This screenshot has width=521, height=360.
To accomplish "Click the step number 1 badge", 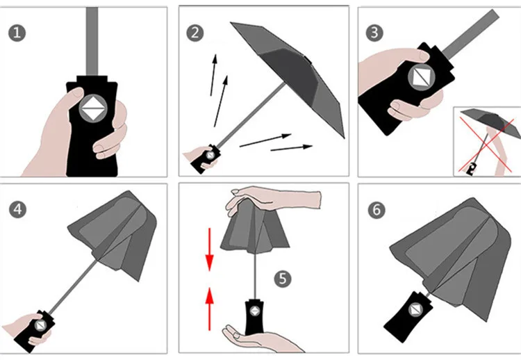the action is pyautogui.click(x=17, y=33).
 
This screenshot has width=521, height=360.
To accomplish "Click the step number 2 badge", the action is pyautogui.click(x=195, y=33).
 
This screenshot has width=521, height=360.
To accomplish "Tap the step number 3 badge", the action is pyautogui.click(x=374, y=33).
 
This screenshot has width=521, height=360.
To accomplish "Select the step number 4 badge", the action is pyautogui.click(x=17, y=209).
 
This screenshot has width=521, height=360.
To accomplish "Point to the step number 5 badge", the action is pyautogui.click(x=283, y=279).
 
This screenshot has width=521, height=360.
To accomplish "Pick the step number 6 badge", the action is pyautogui.click(x=377, y=210).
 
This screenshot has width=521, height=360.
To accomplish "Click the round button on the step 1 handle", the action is pyautogui.click(x=93, y=108).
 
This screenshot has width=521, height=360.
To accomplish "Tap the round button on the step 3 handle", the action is pyautogui.click(x=422, y=76).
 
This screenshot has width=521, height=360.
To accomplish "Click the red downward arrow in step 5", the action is pyautogui.click(x=209, y=249).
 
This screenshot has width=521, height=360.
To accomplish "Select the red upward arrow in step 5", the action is pyautogui.click(x=209, y=309).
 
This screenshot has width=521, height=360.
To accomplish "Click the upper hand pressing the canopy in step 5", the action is pyautogui.click(x=272, y=199).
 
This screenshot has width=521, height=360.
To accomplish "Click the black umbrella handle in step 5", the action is pyautogui.click(x=254, y=318).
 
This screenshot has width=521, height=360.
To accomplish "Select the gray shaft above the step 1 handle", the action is pyautogui.click(x=92, y=41).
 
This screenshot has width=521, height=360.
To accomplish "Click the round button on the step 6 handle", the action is pyautogui.click(x=415, y=311).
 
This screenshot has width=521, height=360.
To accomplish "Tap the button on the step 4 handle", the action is pyautogui.click(x=40, y=325).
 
